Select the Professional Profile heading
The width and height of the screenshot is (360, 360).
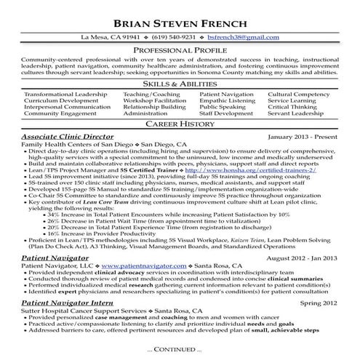[180, 49]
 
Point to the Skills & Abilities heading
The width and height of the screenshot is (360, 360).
[180, 85]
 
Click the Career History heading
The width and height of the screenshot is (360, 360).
[180, 125]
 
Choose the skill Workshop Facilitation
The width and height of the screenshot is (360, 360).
[153, 101]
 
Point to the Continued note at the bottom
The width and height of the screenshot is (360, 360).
[180, 350]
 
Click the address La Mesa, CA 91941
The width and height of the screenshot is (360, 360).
[111, 36]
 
